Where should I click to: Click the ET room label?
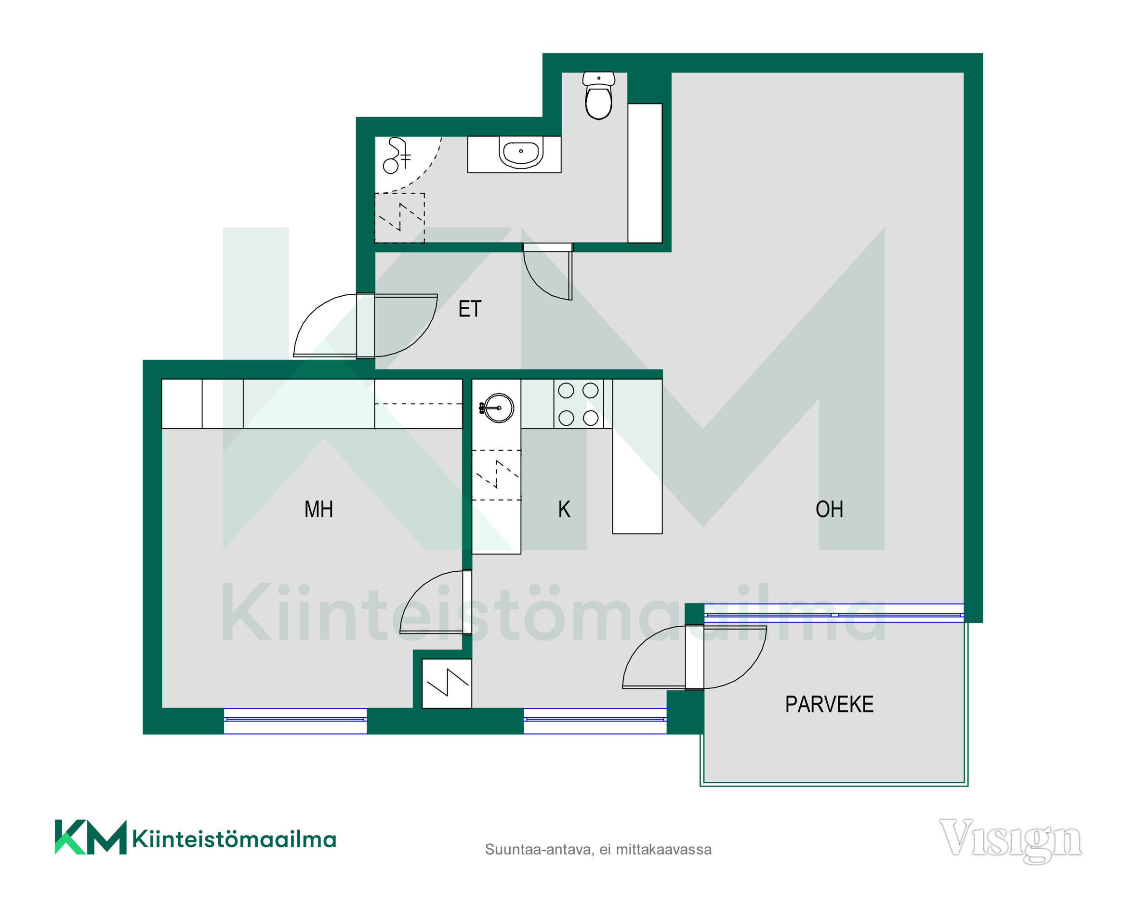pos(470,309)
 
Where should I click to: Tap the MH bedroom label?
pos(318,509)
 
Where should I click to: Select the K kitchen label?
pos(564,509)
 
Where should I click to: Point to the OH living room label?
pos(829,509)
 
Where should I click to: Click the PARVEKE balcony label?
pos(829,705)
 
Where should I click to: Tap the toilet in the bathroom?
pos(598,95)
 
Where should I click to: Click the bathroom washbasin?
pos(520,152)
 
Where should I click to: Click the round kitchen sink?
pos(498,408)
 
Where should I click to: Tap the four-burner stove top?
pos(578,404)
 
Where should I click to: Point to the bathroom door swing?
pos(547,272)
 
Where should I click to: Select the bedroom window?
pos(295,721)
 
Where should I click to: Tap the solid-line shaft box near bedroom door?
pos(447,684)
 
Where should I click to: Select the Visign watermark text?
pos(1010,839)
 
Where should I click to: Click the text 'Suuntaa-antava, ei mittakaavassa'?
pos(598,849)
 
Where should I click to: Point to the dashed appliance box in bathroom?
pos(399,218)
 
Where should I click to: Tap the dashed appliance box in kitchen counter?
pos(497,475)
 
